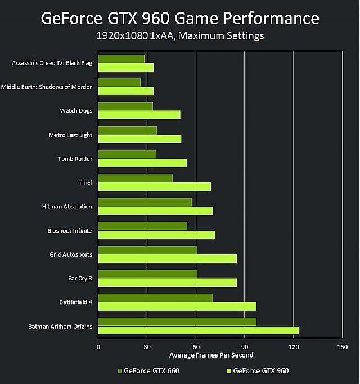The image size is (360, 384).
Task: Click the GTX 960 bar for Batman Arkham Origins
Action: click(198, 331)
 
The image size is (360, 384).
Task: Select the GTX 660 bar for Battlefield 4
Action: click(155, 298)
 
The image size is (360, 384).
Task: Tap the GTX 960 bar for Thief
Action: click(154, 187)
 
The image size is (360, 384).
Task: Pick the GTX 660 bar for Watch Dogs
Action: click(125, 106)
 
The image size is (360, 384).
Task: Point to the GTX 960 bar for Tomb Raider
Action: click(142, 163)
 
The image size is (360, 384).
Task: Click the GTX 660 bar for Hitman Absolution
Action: click(145, 202)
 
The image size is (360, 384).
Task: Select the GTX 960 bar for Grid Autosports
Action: click(167, 259)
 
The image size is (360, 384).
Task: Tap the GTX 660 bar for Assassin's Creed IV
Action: click(121, 59)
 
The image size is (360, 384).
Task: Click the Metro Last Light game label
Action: click(70, 135)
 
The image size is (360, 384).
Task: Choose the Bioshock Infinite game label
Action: click(70, 231)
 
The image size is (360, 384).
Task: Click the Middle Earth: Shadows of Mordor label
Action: click(47, 87)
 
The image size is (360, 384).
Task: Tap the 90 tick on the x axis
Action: click(244, 347)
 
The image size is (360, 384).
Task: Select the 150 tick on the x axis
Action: click(341, 347)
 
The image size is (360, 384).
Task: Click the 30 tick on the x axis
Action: click(147, 347)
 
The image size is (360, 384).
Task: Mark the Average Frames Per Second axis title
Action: click(211, 355)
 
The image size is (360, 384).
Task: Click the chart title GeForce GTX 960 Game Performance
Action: click(180, 19)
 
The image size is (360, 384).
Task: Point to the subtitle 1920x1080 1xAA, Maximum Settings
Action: click(180, 37)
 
